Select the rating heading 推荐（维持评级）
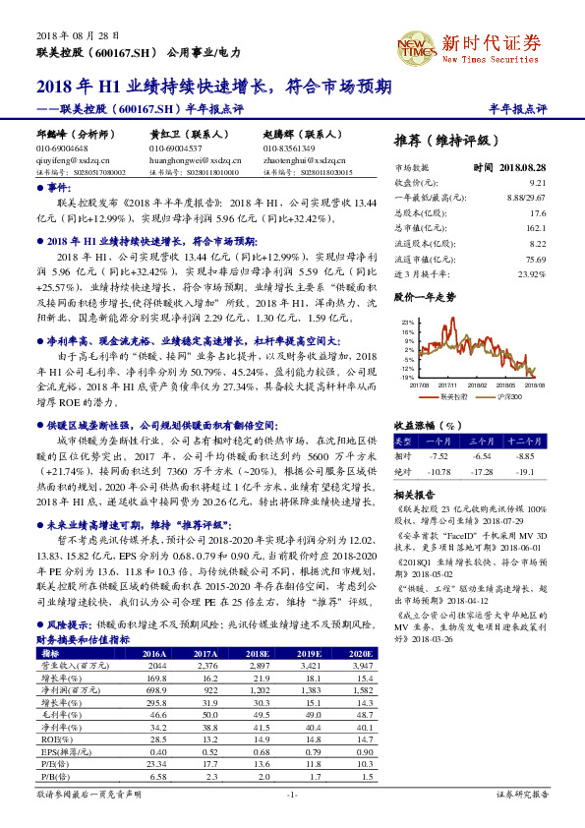445,140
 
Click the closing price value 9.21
537,183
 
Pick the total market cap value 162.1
536,225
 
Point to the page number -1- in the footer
291,793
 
